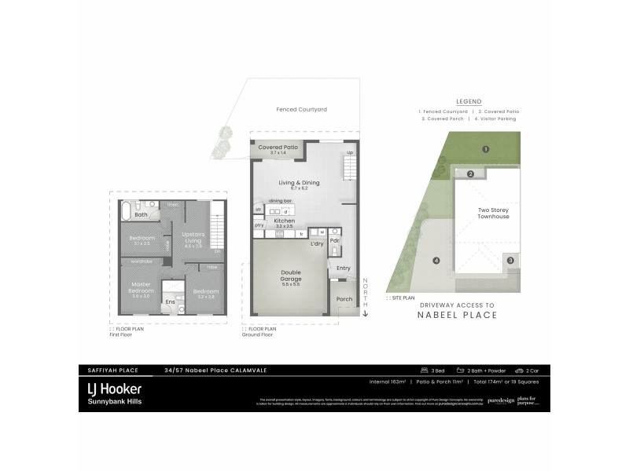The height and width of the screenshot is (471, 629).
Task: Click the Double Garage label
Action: (x=290, y=278)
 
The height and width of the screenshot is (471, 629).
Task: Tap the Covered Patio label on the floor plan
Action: (x=278, y=148)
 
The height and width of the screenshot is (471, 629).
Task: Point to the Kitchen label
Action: (x=284, y=221)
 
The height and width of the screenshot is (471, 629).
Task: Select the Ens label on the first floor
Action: (x=169, y=301)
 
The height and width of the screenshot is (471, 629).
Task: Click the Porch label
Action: (x=344, y=298)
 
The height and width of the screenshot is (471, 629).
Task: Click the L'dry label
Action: (x=317, y=244)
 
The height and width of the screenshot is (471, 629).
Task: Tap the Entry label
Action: (x=343, y=268)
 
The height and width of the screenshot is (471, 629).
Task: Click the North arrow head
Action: (x=365, y=313)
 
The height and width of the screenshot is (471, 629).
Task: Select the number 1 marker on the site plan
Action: (x=486, y=148)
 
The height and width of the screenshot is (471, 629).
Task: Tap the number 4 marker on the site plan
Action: (x=436, y=261)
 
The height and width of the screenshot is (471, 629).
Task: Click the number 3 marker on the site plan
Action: (x=509, y=260)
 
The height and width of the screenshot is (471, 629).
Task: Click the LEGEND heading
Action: (x=469, y=101)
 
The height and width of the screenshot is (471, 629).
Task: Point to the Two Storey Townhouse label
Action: (x=493, y=213)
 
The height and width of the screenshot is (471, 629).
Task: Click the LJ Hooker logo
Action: (x=114, y=389)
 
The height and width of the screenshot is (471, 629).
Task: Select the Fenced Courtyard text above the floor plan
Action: (x=301, y=109)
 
